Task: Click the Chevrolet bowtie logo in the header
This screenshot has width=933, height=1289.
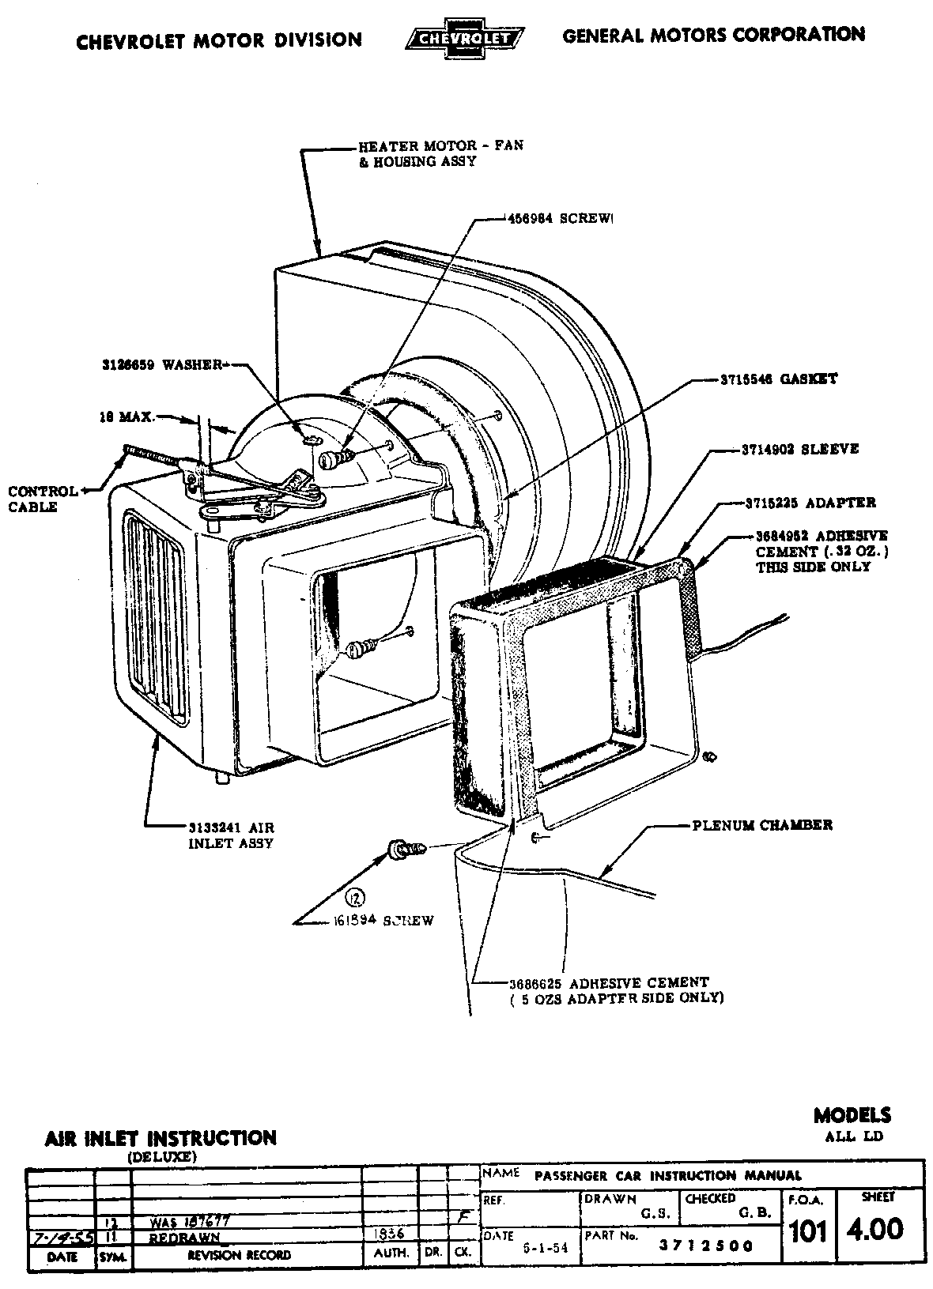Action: pyautogui.click(x=464, y=38)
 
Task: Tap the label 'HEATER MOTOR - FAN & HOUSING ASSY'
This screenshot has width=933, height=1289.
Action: pyautogui.click(x=440, y=154)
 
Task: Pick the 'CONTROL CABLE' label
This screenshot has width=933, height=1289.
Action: pyautogui.click(x=43, y=499)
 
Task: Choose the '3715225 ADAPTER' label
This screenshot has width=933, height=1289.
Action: pyautogui.click(x=810, y=503)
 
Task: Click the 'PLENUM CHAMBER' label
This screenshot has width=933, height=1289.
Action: pyautogui.click(x=761, y=825)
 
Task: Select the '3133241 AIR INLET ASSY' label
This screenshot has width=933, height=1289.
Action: pyautogui.click(x=230, y=835)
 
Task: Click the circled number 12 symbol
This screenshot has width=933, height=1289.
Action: pyautogui.click(x=356, y=898)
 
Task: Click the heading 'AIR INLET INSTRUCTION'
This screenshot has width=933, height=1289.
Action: pyautogui.click(x=161, y=1138)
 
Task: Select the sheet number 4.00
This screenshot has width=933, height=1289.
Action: pyautogui.click(x=874, y=1229)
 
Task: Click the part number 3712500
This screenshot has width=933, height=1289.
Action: pyautogui.click(x=706, y=1246)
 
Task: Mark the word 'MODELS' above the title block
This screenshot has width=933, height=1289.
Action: pyautogui.click(x=852, y=1115)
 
